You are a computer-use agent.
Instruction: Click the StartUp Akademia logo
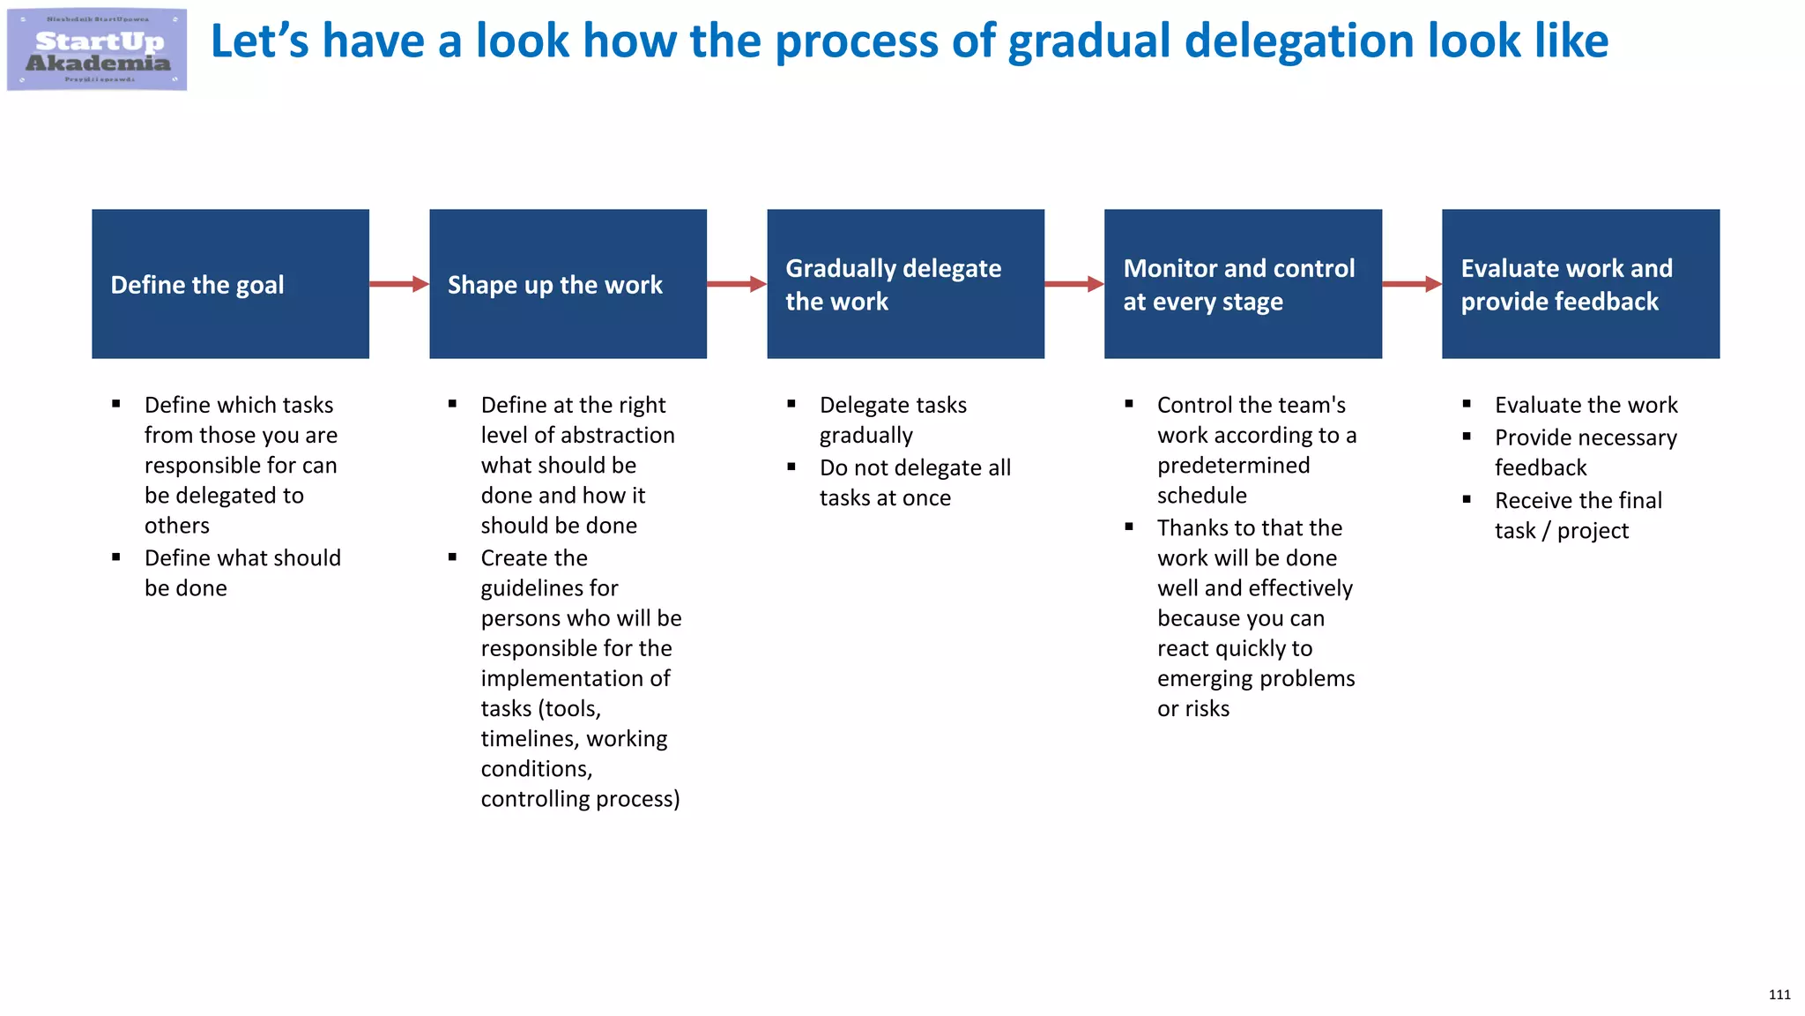coord(97,49)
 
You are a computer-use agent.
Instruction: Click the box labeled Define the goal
coord(230,284)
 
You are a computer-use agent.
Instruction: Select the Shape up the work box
coord(568,284)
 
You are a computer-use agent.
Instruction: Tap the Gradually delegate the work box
coord(905,284)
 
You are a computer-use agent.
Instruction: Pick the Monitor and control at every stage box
coord(1243,284)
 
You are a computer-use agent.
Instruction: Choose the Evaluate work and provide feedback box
coord(1580,284)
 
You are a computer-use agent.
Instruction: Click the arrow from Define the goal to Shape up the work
coord(398,284)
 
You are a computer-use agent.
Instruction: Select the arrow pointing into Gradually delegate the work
coord(736,284)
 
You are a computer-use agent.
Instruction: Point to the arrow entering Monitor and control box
coord(1073,284)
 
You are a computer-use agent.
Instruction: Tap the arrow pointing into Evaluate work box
coord(1411,284)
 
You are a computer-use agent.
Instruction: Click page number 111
coord(1779,995)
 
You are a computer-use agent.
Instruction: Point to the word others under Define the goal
coord(177,526)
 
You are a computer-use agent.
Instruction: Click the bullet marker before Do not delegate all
coord(791,467)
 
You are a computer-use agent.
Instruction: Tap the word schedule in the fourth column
coord(1202,496)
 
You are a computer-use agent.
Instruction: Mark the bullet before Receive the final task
coord(1467,500)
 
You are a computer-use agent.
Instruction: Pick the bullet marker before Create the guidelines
coord(452,557)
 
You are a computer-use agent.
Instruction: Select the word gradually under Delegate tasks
coord(866,436)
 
